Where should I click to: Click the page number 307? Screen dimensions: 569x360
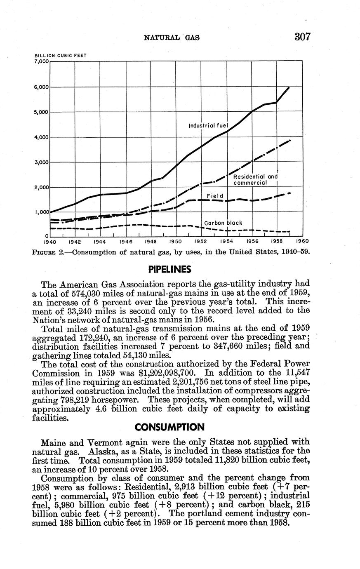[x=302, y=37]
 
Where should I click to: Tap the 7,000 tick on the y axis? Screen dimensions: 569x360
[x=41, y=61]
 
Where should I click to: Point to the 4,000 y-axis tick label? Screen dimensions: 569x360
[x=41, y=137]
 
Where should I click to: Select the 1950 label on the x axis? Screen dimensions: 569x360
[x=176, y=241]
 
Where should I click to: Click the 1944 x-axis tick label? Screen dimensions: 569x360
[x=101, y=241]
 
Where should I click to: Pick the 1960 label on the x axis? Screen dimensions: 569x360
[x=302, y=241]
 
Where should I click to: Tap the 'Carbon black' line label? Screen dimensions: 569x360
[x=224, y=223]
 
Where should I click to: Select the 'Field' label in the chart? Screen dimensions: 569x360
[x=215, y=196]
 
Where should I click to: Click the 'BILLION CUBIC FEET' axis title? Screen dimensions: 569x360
[x=60, y=55]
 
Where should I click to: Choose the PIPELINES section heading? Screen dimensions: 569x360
[x=170, y=270]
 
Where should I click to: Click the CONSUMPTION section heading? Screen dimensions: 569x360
[x=170, y=426]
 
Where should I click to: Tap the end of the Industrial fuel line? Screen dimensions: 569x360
[x=289, y=87]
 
